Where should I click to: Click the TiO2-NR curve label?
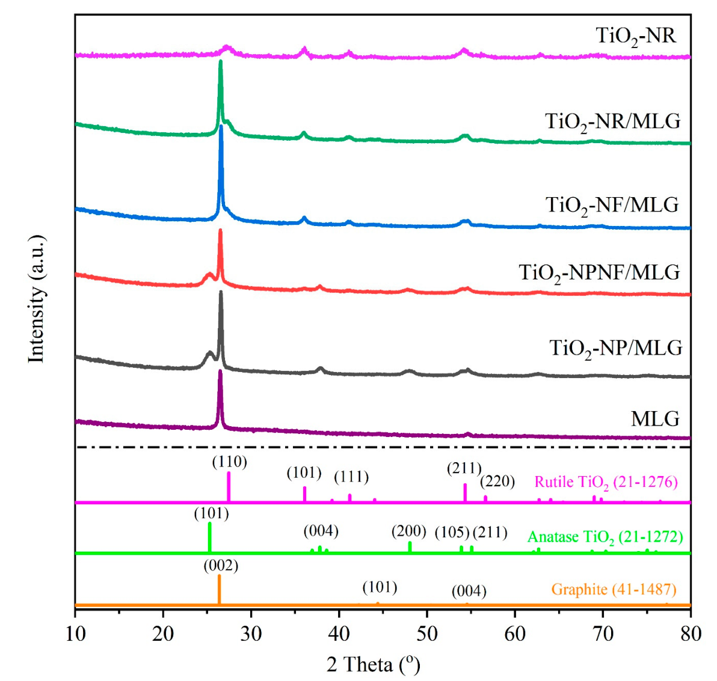click(636, 36)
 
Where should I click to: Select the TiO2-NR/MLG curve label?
click(613, 122)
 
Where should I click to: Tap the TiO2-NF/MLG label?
click(612, 206)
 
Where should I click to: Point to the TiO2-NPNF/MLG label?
click(600, 273)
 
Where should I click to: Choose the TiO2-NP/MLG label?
click(616, 349)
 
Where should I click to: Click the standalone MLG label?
click(655, 418)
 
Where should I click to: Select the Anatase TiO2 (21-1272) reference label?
click(605, 537)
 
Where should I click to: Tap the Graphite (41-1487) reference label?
click(614, 590)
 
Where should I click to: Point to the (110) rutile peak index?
click(229, 462)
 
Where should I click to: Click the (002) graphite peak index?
click(221, 566)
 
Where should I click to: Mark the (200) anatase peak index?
click(408, 532)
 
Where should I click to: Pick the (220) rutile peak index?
click(497, 481)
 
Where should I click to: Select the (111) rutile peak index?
click(351, 477)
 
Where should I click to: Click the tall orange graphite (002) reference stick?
click(219, 589)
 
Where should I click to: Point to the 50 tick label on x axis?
click(426, 634)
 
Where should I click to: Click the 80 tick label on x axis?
click(690, 634)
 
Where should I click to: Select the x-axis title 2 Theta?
click(373, 664)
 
